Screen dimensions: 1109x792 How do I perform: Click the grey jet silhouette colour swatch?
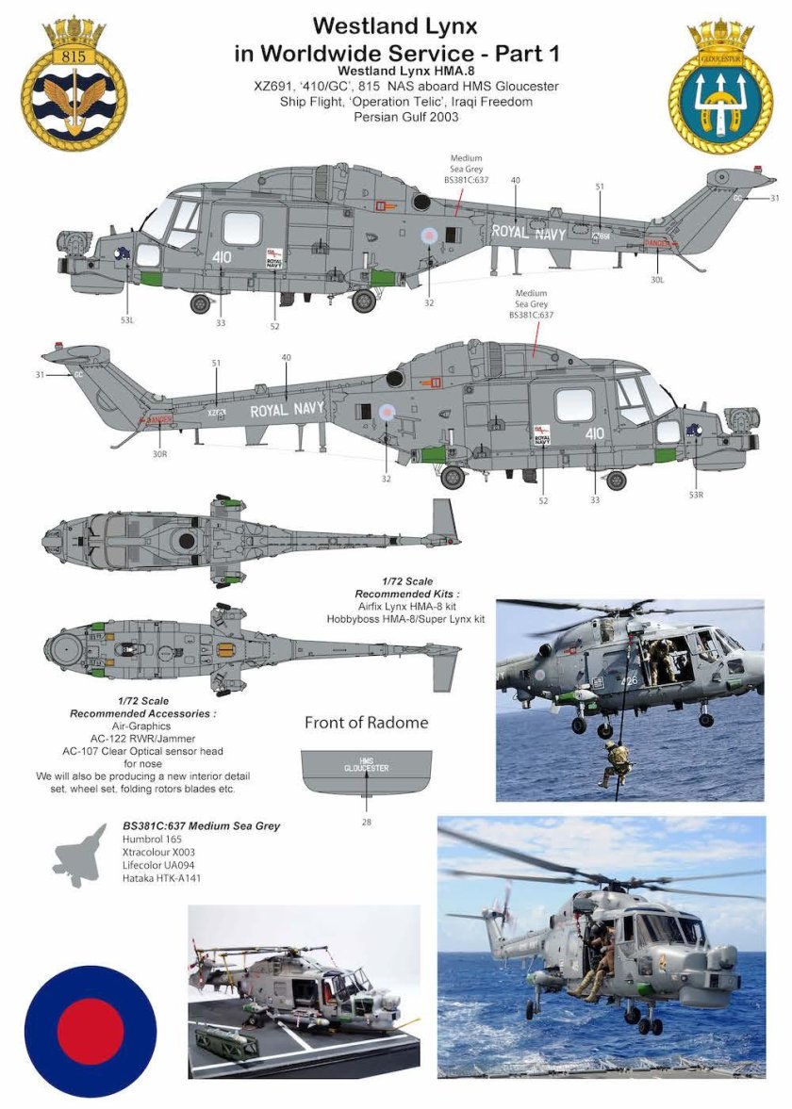(82, 855)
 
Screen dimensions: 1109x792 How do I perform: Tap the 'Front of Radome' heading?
(366, 723)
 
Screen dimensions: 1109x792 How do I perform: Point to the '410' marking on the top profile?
(222, 256)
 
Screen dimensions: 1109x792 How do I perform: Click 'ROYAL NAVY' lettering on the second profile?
(288, 409)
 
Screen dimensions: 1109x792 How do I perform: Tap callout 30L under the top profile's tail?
(657, 279)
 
